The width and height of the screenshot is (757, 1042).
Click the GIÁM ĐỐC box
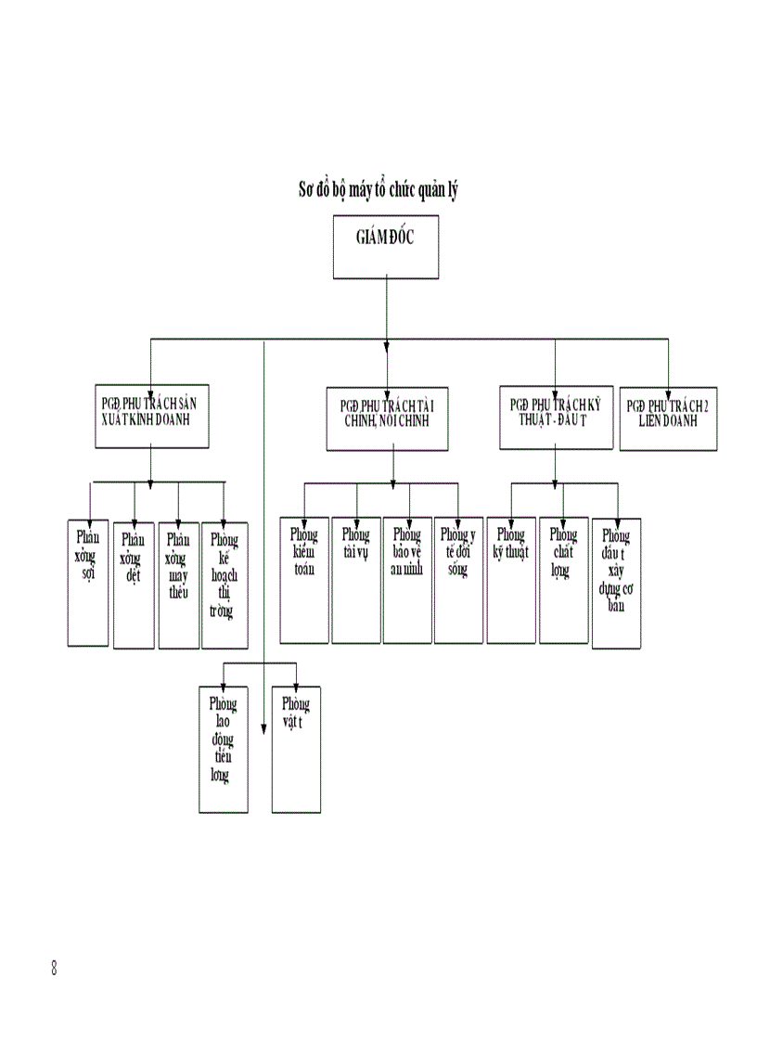(x=386, y=248)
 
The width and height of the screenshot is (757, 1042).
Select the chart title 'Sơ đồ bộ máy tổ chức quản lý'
(x=378, y=190)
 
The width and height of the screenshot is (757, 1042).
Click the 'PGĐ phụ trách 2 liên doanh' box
(x=668, y=418)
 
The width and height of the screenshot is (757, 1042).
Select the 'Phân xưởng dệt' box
(x=134, y=585)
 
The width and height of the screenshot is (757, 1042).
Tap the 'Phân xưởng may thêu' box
(x=178, y=585)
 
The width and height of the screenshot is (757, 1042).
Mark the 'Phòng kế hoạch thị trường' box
(x=225, y=585)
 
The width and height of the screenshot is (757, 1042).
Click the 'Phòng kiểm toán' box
(x=304, y=579)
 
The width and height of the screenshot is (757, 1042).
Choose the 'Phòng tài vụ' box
(x=355, y=579)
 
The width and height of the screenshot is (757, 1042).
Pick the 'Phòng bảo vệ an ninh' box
(x=407, y=579)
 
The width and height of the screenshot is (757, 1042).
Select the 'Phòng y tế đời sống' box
(x=458, y=579)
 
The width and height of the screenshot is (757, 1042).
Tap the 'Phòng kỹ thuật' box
(x=511, y=579)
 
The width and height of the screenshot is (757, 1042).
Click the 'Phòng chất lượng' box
(x=563, y=579)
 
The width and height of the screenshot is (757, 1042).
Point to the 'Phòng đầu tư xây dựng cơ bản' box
(x=616, y=583)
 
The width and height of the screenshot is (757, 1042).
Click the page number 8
(x=55, y=969)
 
